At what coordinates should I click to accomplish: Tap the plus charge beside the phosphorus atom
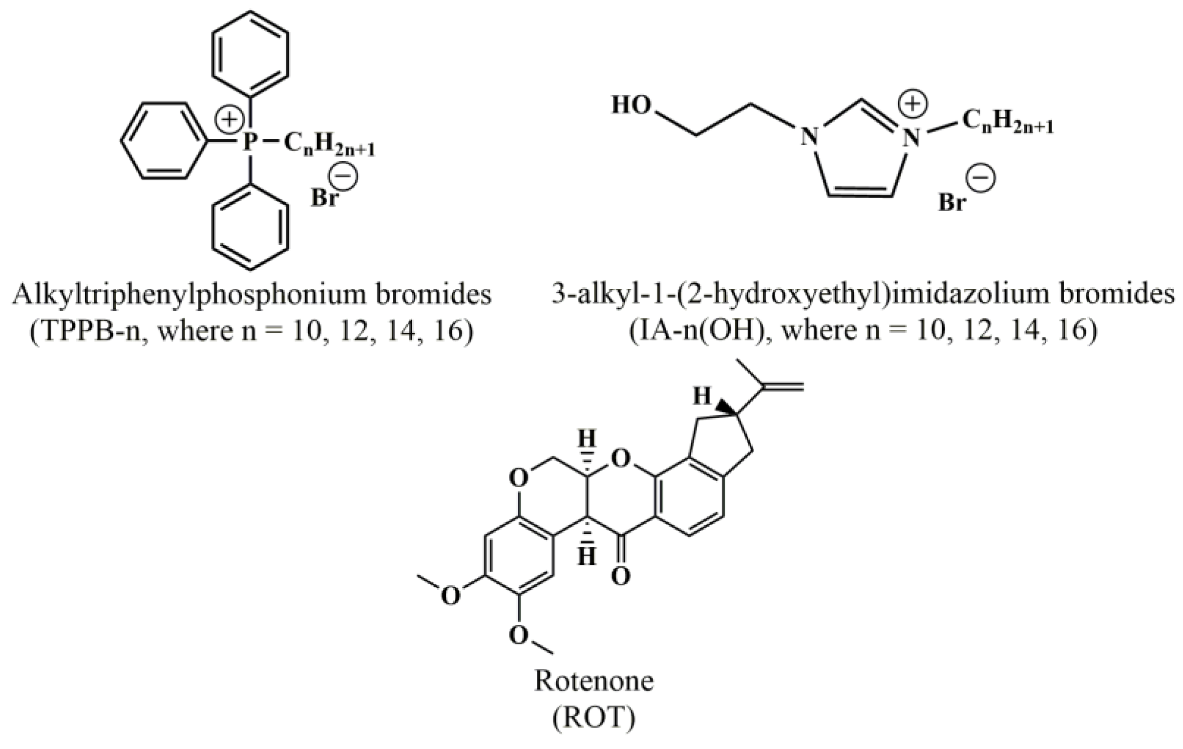229,120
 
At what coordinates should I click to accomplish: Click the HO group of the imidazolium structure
632,105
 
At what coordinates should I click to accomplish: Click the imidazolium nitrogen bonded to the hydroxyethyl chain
809,137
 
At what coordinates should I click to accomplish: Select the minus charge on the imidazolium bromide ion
981,178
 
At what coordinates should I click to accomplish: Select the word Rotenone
594,682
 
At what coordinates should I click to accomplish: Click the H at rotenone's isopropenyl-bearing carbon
702,396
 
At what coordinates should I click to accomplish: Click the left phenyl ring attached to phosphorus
163,141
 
